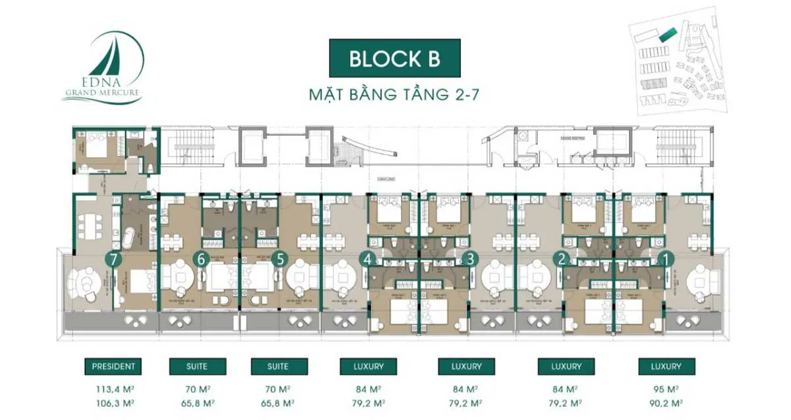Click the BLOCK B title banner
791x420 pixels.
(x=394, y=59)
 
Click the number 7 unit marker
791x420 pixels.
(x=115, y=259)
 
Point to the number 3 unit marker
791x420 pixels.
(x=469, y=259)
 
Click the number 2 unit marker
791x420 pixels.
(x=562, y=259)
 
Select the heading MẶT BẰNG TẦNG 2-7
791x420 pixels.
(x=394, y=94)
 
